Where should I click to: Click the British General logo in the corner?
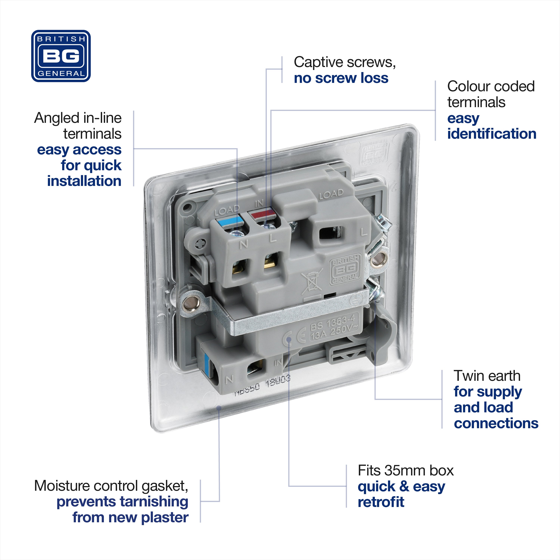[61, 56]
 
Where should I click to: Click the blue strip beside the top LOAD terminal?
[230, 222]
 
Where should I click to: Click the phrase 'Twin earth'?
[487, 376]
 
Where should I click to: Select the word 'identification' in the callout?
[492, 134]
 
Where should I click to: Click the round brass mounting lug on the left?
[192, 304]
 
